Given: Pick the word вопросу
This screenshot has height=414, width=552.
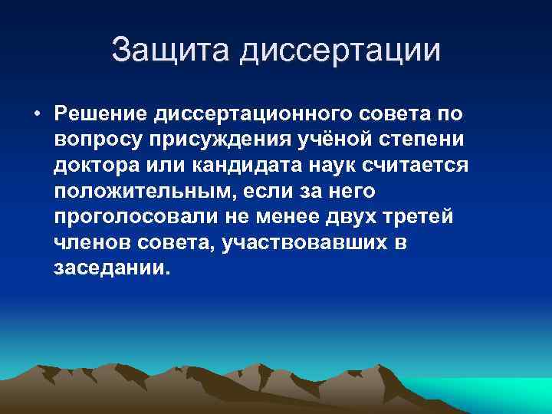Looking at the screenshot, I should [97, 141].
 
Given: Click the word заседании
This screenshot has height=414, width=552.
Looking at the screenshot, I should [110, 270].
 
